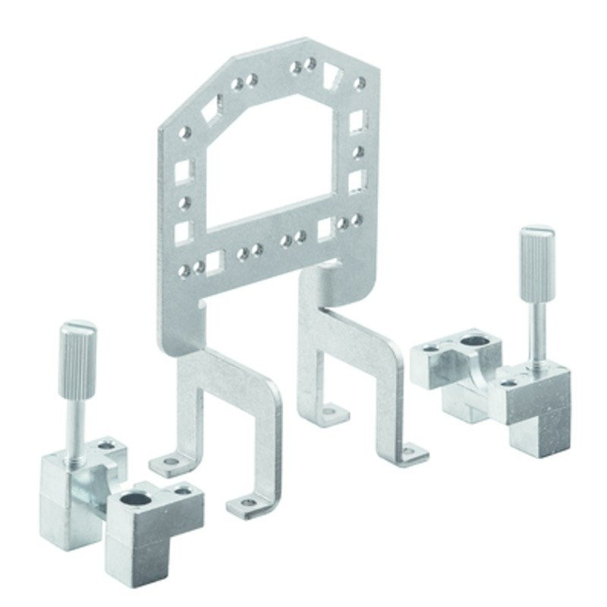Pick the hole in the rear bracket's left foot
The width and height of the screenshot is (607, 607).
point(329,413)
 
